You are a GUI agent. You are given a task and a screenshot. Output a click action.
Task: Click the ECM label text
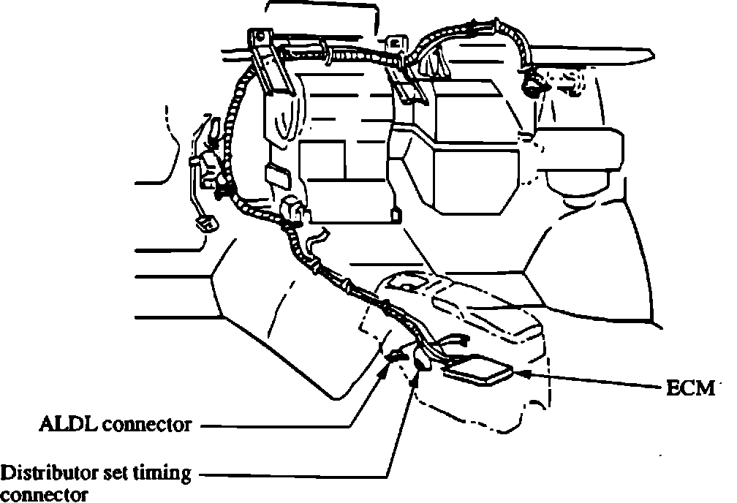click(689, 389)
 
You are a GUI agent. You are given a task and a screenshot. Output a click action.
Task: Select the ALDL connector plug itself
click(396, 355)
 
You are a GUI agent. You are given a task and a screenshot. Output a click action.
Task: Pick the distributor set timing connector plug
click(423, 358)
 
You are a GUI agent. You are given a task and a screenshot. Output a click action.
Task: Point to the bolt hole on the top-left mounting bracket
click(259, 34)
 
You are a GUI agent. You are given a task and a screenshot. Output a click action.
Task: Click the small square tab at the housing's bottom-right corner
click(396, 216)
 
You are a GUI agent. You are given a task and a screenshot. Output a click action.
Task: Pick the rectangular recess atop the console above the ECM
click(409, 281)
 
